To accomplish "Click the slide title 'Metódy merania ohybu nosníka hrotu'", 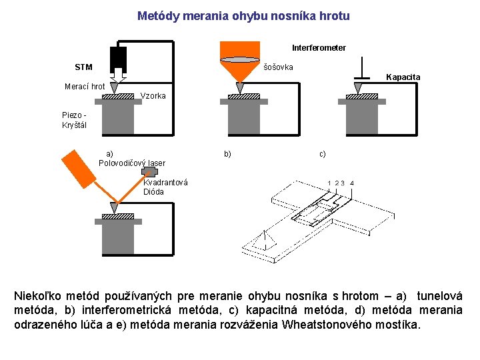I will coord(243,15).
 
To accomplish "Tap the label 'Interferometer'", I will coord(319,48).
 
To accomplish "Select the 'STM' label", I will coord(84,67).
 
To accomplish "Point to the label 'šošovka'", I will coord(278,67).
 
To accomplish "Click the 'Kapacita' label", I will coord(403,77).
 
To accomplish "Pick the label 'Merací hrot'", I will coord(85,87).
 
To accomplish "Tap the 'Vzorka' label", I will coord(154,96).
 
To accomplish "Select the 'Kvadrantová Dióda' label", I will coord(165,187).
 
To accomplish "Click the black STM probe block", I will coord(119,56).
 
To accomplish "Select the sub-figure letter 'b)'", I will coord(228,154).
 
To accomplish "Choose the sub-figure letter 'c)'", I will coord(323,154).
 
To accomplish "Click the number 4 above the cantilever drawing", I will coord(352,183).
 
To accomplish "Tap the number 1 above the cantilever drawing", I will coord(329,183).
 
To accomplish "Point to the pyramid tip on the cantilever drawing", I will coord(265,239).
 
